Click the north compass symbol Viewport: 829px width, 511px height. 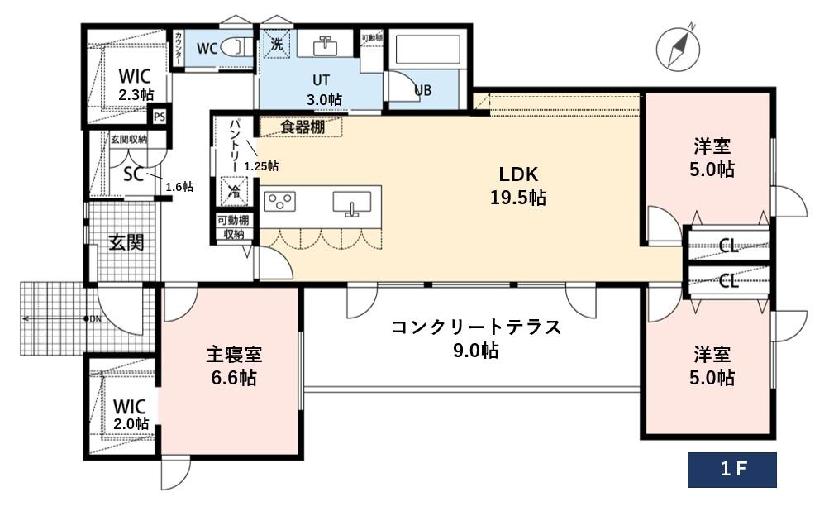coord(677,48)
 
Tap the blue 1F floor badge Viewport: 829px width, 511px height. coord(732,470)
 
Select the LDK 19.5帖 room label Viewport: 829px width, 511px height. coord(519,186)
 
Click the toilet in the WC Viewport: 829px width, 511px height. coord(237,47)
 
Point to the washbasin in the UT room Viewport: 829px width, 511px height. coord(325,45)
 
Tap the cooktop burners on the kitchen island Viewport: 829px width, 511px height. coord(280,202)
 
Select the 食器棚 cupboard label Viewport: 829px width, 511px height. coord(301,127)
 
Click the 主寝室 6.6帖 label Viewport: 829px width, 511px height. coord(232,365)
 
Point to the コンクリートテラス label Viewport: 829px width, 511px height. coord(476,337)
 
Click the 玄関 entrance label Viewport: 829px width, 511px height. coord(126,242)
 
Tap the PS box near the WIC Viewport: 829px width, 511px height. coord(160,117)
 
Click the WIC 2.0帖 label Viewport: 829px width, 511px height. coord(131,414)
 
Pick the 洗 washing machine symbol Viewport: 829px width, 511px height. coord(276,45)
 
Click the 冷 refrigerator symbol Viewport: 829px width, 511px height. coord(232,191)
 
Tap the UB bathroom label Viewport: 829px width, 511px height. coord(422,90)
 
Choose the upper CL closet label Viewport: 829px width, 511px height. coord(728,245)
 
